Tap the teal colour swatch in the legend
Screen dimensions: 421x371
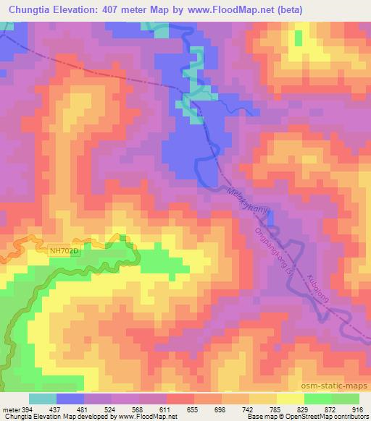click(43, 399)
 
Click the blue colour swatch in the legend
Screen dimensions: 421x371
click(70, 399)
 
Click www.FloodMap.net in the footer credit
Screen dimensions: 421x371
click(149, 417)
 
